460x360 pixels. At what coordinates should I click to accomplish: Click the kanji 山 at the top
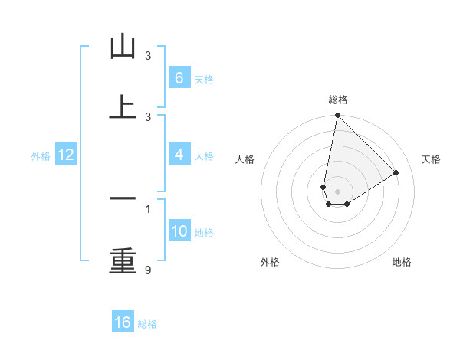[123, 47]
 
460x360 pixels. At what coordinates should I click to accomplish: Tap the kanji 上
[123, 106]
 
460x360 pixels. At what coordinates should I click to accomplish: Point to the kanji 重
[123, 260]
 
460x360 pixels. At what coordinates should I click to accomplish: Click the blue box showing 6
[179, 78]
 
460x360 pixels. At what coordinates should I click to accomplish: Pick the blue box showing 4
[179, 155]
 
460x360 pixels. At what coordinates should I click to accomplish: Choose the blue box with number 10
[179, 231]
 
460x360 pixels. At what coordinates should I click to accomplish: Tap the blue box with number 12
[66, 155]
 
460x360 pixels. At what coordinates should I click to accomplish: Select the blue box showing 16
[123, 322]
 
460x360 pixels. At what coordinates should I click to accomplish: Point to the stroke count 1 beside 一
[148, 208]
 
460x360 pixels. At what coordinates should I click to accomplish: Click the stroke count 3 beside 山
[148, 55]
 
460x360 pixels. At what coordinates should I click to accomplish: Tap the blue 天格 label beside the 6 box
[204, 80]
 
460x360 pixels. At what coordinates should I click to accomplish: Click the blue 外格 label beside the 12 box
[41, 156]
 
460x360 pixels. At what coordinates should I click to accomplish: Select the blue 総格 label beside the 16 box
[147, 324]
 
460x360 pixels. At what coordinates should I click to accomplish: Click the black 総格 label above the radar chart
[337, 100]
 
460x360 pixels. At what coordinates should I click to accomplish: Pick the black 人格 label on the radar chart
[245, 159]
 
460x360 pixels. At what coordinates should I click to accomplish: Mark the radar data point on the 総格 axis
[337, 116]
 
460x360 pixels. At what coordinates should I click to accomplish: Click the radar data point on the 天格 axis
[396, 173]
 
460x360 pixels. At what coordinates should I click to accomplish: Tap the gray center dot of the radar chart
[337, 191]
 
